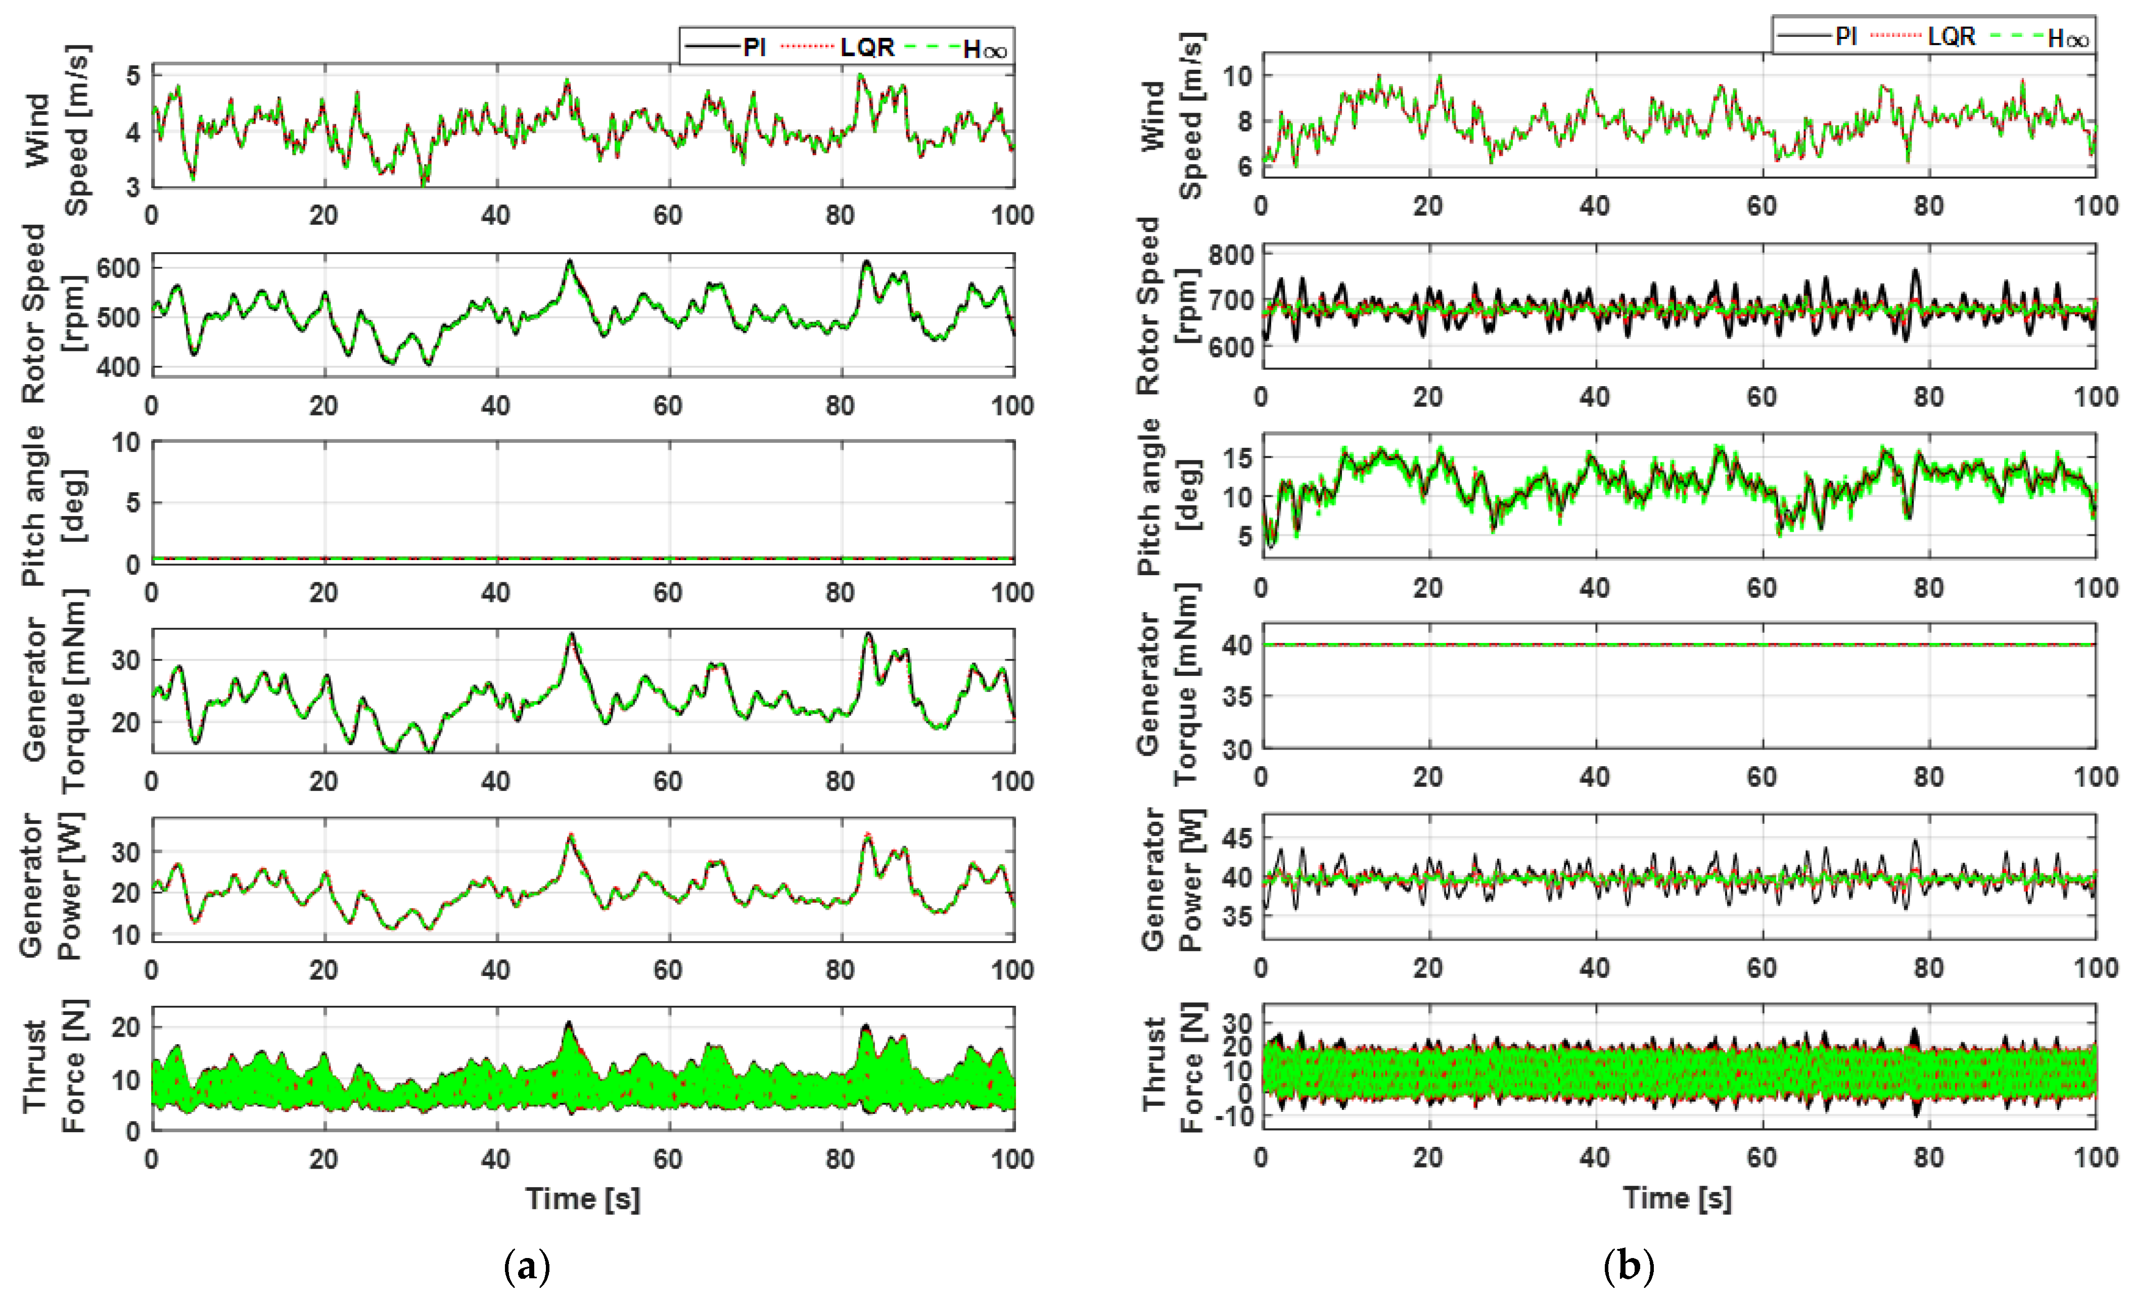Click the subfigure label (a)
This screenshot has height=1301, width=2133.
(526, 1266)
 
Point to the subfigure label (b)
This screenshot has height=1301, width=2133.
(1629, 1266)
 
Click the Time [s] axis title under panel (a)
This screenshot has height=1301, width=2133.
(583, 1199)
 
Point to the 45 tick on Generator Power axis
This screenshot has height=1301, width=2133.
(1237, 838)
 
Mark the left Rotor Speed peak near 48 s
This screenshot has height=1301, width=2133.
(570, 261)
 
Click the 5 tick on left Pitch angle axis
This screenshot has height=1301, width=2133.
(132, 503)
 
